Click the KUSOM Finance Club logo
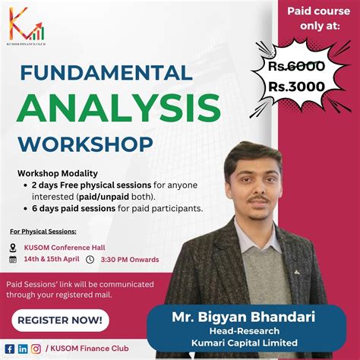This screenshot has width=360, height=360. click(27, 26)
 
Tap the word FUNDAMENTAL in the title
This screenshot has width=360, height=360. click(106, 73)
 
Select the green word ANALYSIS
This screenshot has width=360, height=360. click(118, 108)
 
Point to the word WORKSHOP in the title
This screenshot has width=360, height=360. click(86, 144)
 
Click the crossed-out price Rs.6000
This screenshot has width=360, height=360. click(296, 66)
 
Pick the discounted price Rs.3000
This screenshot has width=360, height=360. click(296, 87)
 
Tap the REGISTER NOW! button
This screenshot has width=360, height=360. click(60, 321)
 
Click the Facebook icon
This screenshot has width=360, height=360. click(10, 349)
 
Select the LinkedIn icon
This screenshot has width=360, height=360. click(23, 349)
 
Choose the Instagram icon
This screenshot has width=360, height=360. click(36, 349)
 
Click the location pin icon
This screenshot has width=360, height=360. click(13, 248)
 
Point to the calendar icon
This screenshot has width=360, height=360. click(13, 260)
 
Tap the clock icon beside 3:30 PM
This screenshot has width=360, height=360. click(90, 260)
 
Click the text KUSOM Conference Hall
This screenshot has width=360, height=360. click(65, 248)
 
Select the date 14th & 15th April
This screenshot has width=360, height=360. click(52, 259)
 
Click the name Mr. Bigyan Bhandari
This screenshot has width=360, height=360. click(244, 317)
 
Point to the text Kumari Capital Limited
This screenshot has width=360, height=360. click(245, 343)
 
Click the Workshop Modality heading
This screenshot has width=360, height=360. click(58, 174)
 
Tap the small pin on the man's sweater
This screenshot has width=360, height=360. click(296, 273)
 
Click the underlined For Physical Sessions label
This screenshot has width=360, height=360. click(43, 232)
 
